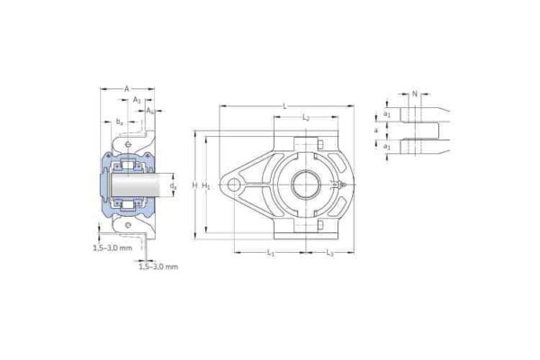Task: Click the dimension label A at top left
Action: pyautogui.click(x=126, y=88)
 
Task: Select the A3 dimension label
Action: pyautogui.click(x=137, y=101)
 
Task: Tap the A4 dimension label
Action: pyautogui.click(x=149, y=111)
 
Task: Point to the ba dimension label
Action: pyautogui.click(x=119, y=121)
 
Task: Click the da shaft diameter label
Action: pyautogui.click(x=173, y=185)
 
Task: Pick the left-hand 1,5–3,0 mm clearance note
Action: pyautogui.click(x=112, y=247)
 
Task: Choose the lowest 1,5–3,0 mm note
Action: pyautogui.click(x=158, y=267)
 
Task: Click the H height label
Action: pyautogui.click(x=194, y=185)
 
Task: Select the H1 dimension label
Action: pyautogui.click(x=206, y=185)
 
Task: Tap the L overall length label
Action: pyautogui.click(x=284, y=106)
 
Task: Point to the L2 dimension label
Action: pyautogui.click(x=306, y=118)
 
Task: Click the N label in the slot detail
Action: pyautogui.click(x=413, y=94)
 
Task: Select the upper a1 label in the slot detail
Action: pyautogui.click(x=387, y=114)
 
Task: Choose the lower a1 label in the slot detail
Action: pyautogui.click(x=387, y=145)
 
